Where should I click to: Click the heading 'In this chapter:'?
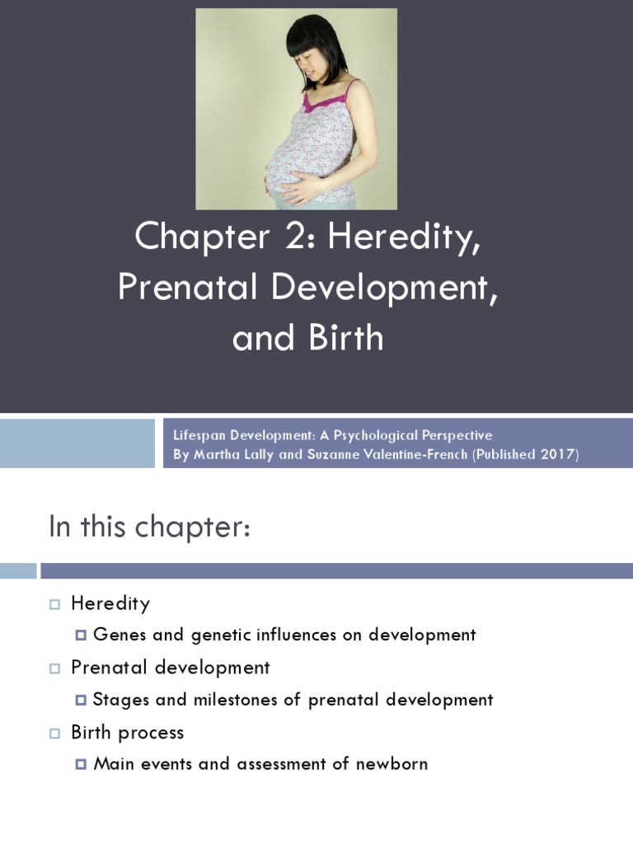(x=148, y=527)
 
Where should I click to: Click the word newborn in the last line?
(x=392, y=764)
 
